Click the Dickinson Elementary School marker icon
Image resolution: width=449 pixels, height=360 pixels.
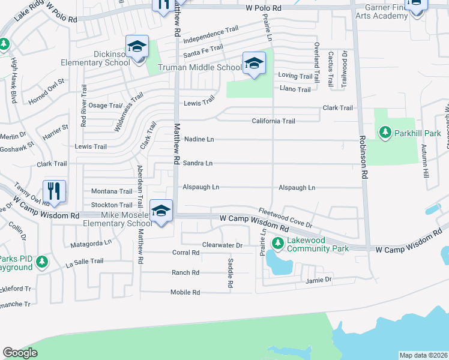pos(137,46)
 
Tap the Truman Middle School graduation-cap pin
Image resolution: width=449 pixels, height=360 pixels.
pos(253,63)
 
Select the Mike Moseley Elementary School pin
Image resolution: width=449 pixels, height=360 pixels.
pos(161,211)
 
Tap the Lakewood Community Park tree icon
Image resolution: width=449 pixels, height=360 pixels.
pos(277,243)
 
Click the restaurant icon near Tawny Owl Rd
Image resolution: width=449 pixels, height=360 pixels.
pos(55,191)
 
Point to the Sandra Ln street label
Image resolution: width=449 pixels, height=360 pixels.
pos(198,163)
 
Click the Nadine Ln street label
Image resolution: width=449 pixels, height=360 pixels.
pos(199,139)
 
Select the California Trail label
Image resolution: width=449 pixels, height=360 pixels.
pos(273,121)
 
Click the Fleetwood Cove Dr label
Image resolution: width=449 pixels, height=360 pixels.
pos(286,217)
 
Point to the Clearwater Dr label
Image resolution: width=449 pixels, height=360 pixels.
pos(222,245)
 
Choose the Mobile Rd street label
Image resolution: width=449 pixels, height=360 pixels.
pos(185,292)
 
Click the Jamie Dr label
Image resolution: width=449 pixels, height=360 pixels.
pos(319,280)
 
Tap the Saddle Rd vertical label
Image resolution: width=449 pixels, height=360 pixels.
pos(230,272)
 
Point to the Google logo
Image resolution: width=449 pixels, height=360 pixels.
pos(20,353)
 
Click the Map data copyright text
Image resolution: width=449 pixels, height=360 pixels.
pos(423,355)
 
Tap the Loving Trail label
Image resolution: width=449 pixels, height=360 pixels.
pos(295,77)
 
